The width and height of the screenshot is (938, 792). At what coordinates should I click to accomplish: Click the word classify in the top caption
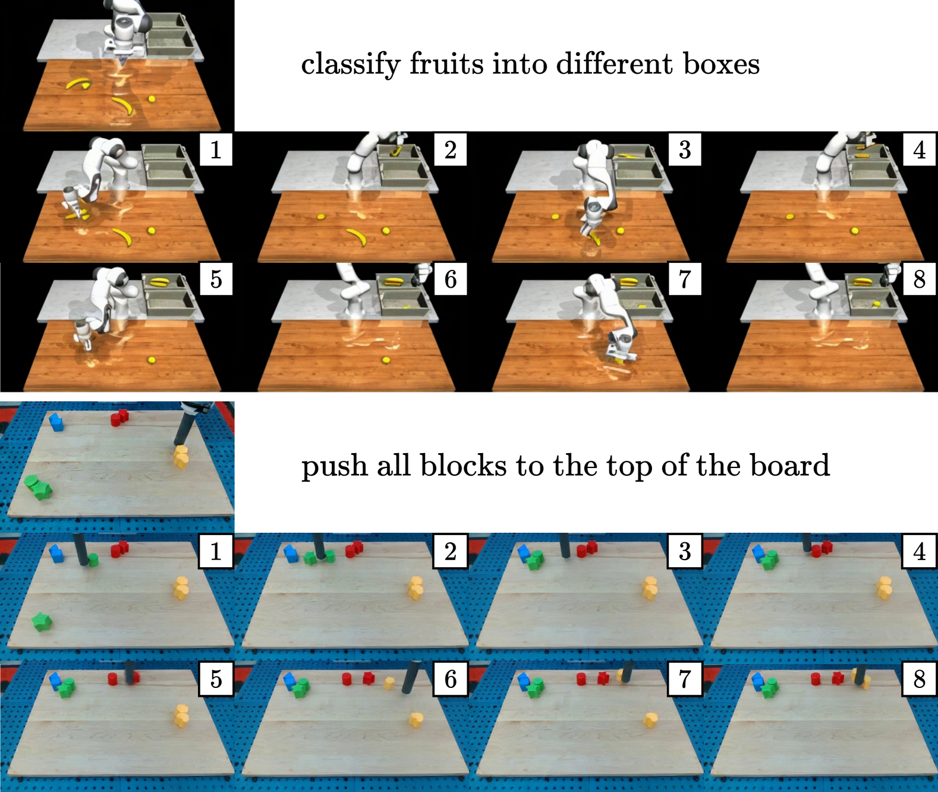[x=350, y=64]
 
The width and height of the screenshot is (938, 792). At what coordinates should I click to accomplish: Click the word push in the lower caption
[x=334, y=466]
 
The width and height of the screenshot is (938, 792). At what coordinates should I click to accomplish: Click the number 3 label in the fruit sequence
[x=685, y=149]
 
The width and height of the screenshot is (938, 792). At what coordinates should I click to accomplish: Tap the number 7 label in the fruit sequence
[x=685, y=279]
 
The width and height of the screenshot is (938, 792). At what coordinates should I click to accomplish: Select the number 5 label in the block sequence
[x=216, y=678]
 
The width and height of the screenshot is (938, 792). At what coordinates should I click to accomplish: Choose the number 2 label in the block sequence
[x=451, y=551]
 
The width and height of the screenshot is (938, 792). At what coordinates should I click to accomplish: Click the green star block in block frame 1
[x=42, y=622]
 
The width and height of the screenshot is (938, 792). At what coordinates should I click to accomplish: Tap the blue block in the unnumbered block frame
[x=56, y=423]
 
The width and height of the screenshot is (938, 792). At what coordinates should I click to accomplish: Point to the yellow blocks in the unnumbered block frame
[x=181, y=457]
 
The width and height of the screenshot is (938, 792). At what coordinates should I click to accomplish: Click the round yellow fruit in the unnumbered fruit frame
[x=152, y=99]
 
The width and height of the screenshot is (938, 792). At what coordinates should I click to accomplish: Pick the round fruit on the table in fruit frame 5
[x=152, y=360]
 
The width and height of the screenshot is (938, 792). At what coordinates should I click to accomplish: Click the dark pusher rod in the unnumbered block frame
[x=184, y=426]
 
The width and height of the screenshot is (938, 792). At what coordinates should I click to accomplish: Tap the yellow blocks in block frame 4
[x=885, y=589]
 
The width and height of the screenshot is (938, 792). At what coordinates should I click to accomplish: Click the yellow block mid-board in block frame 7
[x=650, y=720]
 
